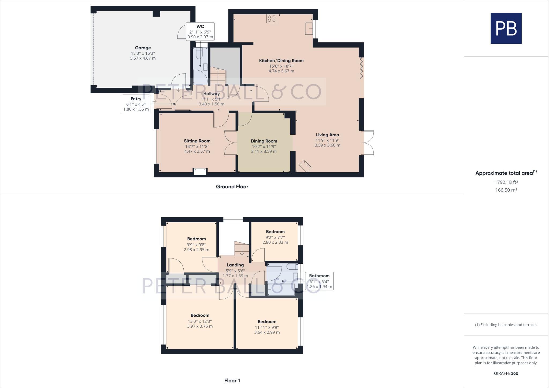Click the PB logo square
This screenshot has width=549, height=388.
click(x=506, y=28)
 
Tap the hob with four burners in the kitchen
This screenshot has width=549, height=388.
click(x=272, y=19)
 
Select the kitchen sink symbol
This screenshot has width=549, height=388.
click(x=309, y=28)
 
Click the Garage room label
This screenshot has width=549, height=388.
click(x=143, y=48)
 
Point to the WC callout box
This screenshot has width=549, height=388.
click(x=200, y=31)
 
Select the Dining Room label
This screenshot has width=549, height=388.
click(x=264, y=141)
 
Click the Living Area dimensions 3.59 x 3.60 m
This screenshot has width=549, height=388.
click(x=327, y=145)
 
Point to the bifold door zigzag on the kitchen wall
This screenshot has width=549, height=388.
click(x=361, y=68)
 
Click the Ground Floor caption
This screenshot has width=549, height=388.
click(x=232, y=186)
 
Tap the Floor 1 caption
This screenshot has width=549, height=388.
click(x=232, y=380)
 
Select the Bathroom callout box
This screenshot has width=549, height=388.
click(x=319, y=281)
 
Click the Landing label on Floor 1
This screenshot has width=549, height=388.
click(x=235, y=265)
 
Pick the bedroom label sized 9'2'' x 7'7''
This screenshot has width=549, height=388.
click(x=275, y=232)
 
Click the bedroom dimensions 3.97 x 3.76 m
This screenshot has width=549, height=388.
click(x=200, y=326)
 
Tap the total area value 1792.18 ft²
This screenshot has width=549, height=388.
click(x=506, y=182)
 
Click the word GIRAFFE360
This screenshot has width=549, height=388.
click(x=506, y=373)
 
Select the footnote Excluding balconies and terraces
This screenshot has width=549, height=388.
click(x=506, y=325)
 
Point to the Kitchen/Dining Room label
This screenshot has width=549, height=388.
click(x=281, y=61)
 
